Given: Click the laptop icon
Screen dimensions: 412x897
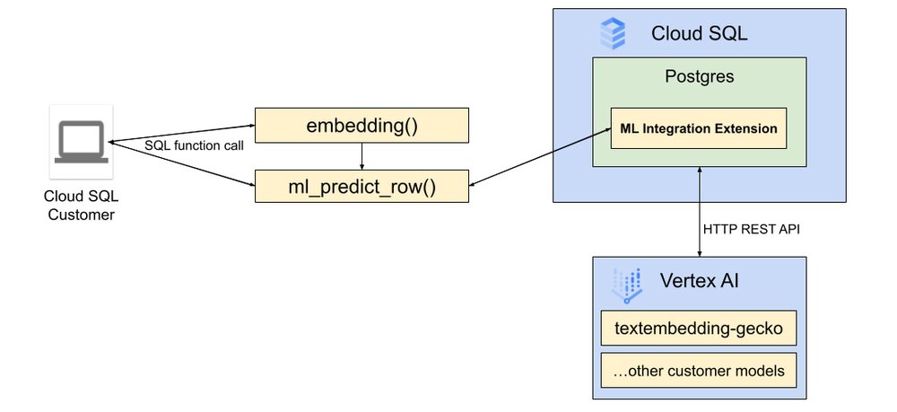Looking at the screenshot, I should click(82, 144).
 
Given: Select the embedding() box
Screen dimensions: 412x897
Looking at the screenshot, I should click(361, 125).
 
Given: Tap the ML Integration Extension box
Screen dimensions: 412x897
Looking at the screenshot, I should click(698, 128).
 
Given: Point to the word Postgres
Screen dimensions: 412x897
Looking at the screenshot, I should click(698, 77).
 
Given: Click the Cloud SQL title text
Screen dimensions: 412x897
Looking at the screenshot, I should click(700, 35).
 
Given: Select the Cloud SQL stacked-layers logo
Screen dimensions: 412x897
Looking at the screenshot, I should click(613, 35).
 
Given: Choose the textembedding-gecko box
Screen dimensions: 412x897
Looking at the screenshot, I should click(699, 329).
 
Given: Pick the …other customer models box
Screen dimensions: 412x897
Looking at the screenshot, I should click(699, 371).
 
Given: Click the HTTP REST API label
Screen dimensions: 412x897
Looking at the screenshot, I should click(752, 230).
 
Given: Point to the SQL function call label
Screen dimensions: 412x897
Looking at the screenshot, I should click(195, 145).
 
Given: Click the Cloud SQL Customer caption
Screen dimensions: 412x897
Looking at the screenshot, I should click(81, 206).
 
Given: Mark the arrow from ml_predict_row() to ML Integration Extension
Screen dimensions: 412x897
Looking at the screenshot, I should click(538, 157).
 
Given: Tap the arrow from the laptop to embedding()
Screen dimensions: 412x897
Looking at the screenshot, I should click(179, 133).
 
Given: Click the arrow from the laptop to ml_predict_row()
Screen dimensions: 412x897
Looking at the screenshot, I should click(179, 163).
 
